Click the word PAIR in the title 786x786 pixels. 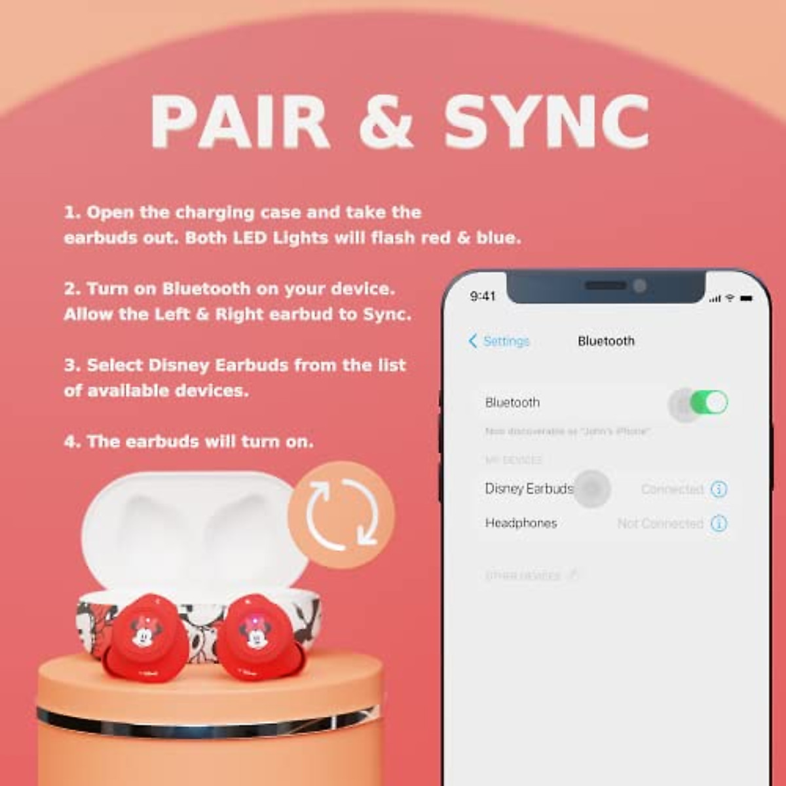click(240, 122)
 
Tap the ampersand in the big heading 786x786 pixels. click(386, 122)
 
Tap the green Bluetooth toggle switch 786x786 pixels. click(708, 402)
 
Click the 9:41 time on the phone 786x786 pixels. click(483, 296)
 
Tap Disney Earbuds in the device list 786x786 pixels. click(529, 489)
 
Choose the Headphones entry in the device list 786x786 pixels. click(521, 523)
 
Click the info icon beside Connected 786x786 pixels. click(719, 489)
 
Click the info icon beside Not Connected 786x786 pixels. click(719, 523)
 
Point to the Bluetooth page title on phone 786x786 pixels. click(606, 341)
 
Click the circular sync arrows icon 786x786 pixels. click(341, 514)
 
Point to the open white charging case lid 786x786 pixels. click(190, 524)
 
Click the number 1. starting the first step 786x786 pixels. click(72, 213)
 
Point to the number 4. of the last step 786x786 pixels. click(72, 441)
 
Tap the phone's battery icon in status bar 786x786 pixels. click(746, 298)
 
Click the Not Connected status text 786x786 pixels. click(660, 523)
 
